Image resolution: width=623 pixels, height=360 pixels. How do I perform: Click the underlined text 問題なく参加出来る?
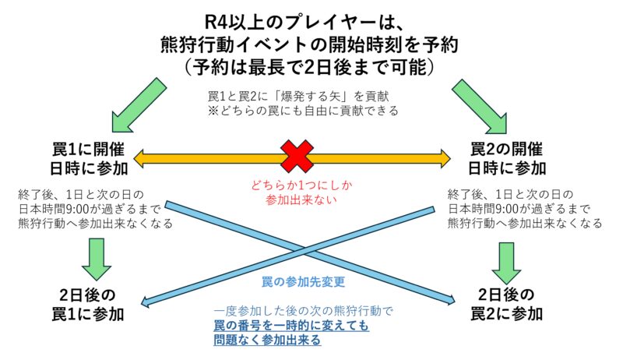point(268,341)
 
